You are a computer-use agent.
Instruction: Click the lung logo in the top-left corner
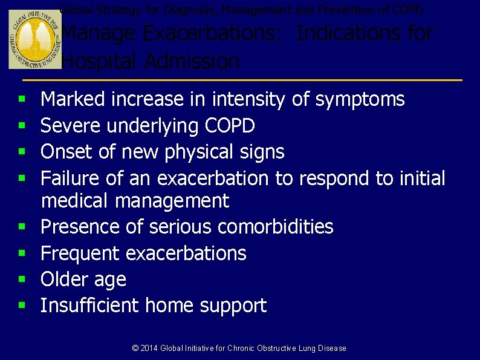coord(35,39)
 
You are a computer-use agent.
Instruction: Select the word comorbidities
coord(275,227)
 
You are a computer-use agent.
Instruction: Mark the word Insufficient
coord(90,306)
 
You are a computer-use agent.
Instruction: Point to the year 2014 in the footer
coord(149,349)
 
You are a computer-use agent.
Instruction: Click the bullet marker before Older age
coord(21,280)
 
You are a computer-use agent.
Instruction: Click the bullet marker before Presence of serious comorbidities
coord(21,227)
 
